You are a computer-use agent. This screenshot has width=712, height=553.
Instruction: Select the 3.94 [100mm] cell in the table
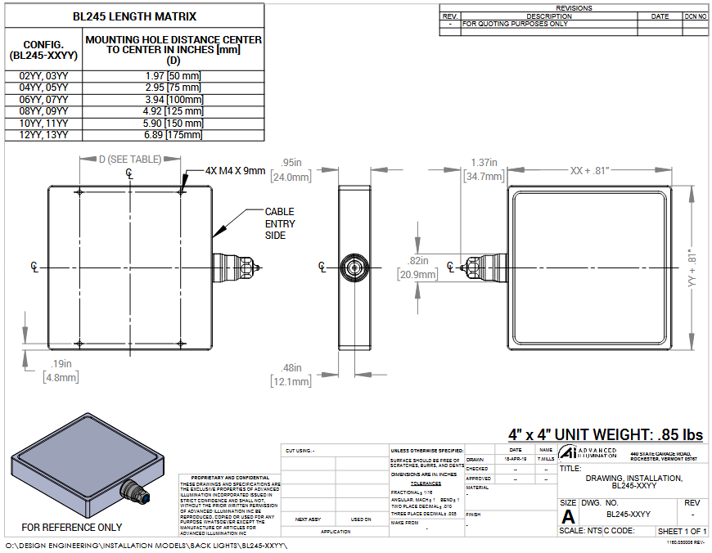point(173,99)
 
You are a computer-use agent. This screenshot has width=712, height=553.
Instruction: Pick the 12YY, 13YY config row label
point(44,134)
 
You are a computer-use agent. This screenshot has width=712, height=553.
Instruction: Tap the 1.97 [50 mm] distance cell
point(173,76)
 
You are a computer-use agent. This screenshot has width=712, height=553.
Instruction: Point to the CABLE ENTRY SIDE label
point(280,223)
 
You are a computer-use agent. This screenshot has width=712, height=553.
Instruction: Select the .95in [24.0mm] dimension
point(291,169)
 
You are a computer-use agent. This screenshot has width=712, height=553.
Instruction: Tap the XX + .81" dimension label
point(599,170)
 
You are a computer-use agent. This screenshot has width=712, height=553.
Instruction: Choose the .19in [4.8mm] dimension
point(61,371)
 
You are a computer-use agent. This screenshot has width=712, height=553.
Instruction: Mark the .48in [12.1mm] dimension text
point(291,375)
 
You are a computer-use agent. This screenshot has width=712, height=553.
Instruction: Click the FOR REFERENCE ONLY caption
point(72,528)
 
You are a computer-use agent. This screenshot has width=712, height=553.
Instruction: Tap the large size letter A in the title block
point(567,516)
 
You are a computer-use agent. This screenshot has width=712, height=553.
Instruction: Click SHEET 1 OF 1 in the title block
point(683,531)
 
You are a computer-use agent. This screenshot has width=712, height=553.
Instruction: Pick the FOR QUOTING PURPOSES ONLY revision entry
point(516,24)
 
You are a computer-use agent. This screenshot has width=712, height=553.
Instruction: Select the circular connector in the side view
point(354,266)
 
